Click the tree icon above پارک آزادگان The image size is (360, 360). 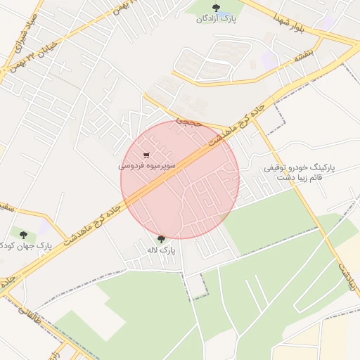pos(215,8)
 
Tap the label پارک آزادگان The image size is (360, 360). pos(216,19)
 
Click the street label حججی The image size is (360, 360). pos(188,122)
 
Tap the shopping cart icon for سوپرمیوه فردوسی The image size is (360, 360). pos(146,155)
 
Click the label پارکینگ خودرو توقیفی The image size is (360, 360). pos(300,168)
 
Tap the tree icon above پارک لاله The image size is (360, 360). pos(162,239)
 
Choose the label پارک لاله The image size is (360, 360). pos(160,250)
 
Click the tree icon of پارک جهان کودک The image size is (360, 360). pos(24,235)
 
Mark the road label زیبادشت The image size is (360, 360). pos(342,276)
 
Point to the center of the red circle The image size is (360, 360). pos(180,180)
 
